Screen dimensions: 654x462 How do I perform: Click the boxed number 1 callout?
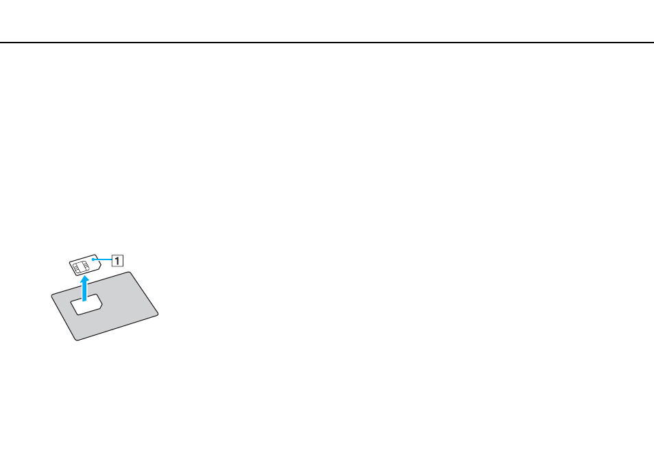[x=118, y=261]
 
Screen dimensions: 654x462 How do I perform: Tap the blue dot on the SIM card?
[x=93, y=259]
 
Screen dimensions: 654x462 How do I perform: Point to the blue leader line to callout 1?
[x=103, y=259]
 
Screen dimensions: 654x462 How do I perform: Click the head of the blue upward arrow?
[x=85, y=279]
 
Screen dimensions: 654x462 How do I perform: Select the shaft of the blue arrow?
[x=85, y=292]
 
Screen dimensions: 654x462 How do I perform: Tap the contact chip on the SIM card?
[x=81, y=266]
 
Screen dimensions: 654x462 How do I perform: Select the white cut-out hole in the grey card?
[x=86, y=305]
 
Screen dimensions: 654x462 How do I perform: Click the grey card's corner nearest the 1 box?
[x=130, y=273]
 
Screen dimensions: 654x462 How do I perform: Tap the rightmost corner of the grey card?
[x=158, y=314]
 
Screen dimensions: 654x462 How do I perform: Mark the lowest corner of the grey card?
[x=77, y=339]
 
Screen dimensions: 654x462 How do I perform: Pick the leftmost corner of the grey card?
[x=52, y=296]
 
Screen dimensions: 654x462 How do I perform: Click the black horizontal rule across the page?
[x=327, y=42]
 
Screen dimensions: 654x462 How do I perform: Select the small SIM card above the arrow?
[x=85, y=265]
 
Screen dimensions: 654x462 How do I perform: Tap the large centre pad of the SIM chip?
[x=82, y=266]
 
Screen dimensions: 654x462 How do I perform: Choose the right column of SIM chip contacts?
[x=86, y=265]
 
